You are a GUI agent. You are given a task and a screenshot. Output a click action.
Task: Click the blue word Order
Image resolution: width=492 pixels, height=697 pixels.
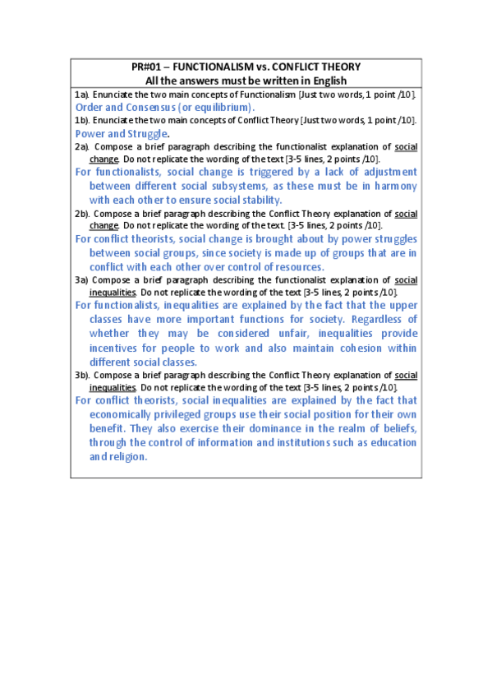point(90,107)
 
